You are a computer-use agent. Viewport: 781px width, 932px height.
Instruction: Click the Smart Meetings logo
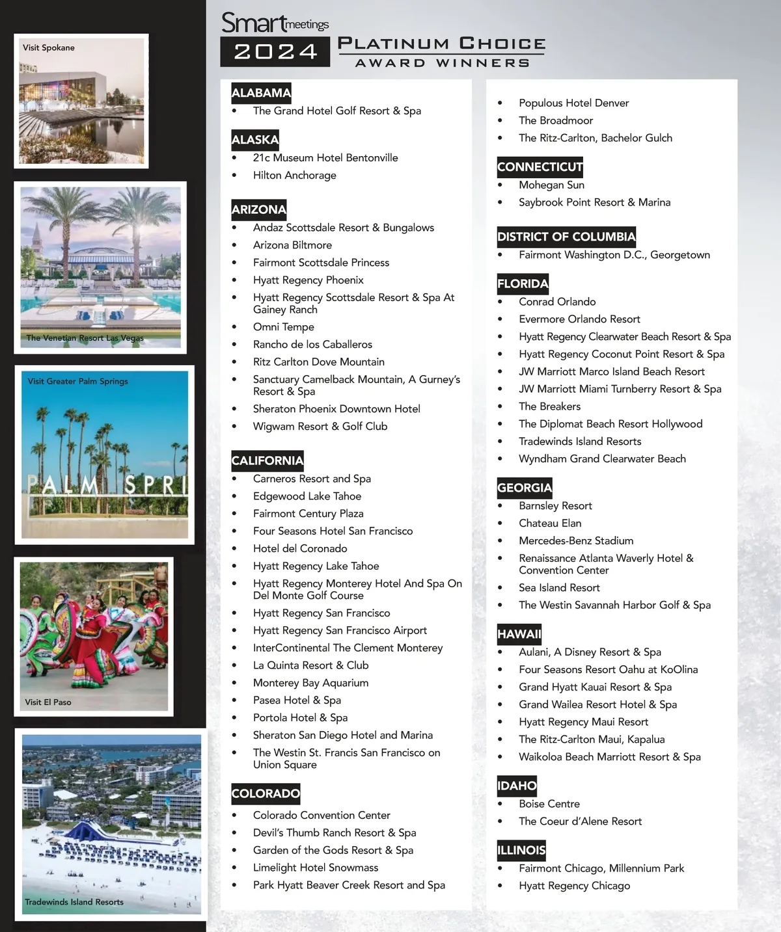pyautogui.click(x=275, y=23)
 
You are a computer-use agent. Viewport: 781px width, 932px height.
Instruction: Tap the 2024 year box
pyautogui.click(x=275, y=52)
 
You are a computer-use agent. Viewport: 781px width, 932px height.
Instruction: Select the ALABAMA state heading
pyautogui.click(x=261, y=93)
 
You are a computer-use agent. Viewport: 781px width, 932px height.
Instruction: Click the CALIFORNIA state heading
pyautogui.click(x=267, y=460)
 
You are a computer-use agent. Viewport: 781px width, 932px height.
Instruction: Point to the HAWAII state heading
pyautogui.click(x=519, y=634)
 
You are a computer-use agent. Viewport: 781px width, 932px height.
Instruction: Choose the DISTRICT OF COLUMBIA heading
pyautogui.click(x=566, y=237)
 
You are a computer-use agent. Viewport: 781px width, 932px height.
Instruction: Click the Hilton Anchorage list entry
pyautogui.click(x=294, y=176)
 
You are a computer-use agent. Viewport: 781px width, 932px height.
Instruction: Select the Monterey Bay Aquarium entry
pyautogui.click(x=310, y=683)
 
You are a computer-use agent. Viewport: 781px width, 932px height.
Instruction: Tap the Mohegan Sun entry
pyautogui.click(x=551, y=185)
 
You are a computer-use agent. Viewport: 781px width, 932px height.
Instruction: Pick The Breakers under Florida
pyautogui.click(x=549, y=406)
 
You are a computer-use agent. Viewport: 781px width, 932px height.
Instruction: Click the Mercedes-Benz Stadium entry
pyautogui.click(x=575, y=540)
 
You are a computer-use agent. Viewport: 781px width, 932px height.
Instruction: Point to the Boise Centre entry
pyautogui.click(x=549, y=804)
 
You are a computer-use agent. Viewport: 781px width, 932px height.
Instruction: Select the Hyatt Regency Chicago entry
pyautogui.click(x=574, y=886)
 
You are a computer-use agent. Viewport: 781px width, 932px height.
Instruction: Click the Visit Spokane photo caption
pyautogui.click(x=49, y=47)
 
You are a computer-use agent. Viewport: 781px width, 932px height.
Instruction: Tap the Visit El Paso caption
pyautogui.click(x=48, y=702)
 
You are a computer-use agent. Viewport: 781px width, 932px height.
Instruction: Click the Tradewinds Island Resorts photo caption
pyautogui.click(x=74, y=902)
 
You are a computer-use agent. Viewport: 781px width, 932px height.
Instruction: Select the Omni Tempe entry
pyautogui.click(x=283, y=327)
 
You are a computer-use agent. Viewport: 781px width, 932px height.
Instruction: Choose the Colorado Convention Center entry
pyautogui.click(x=322, y=816)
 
